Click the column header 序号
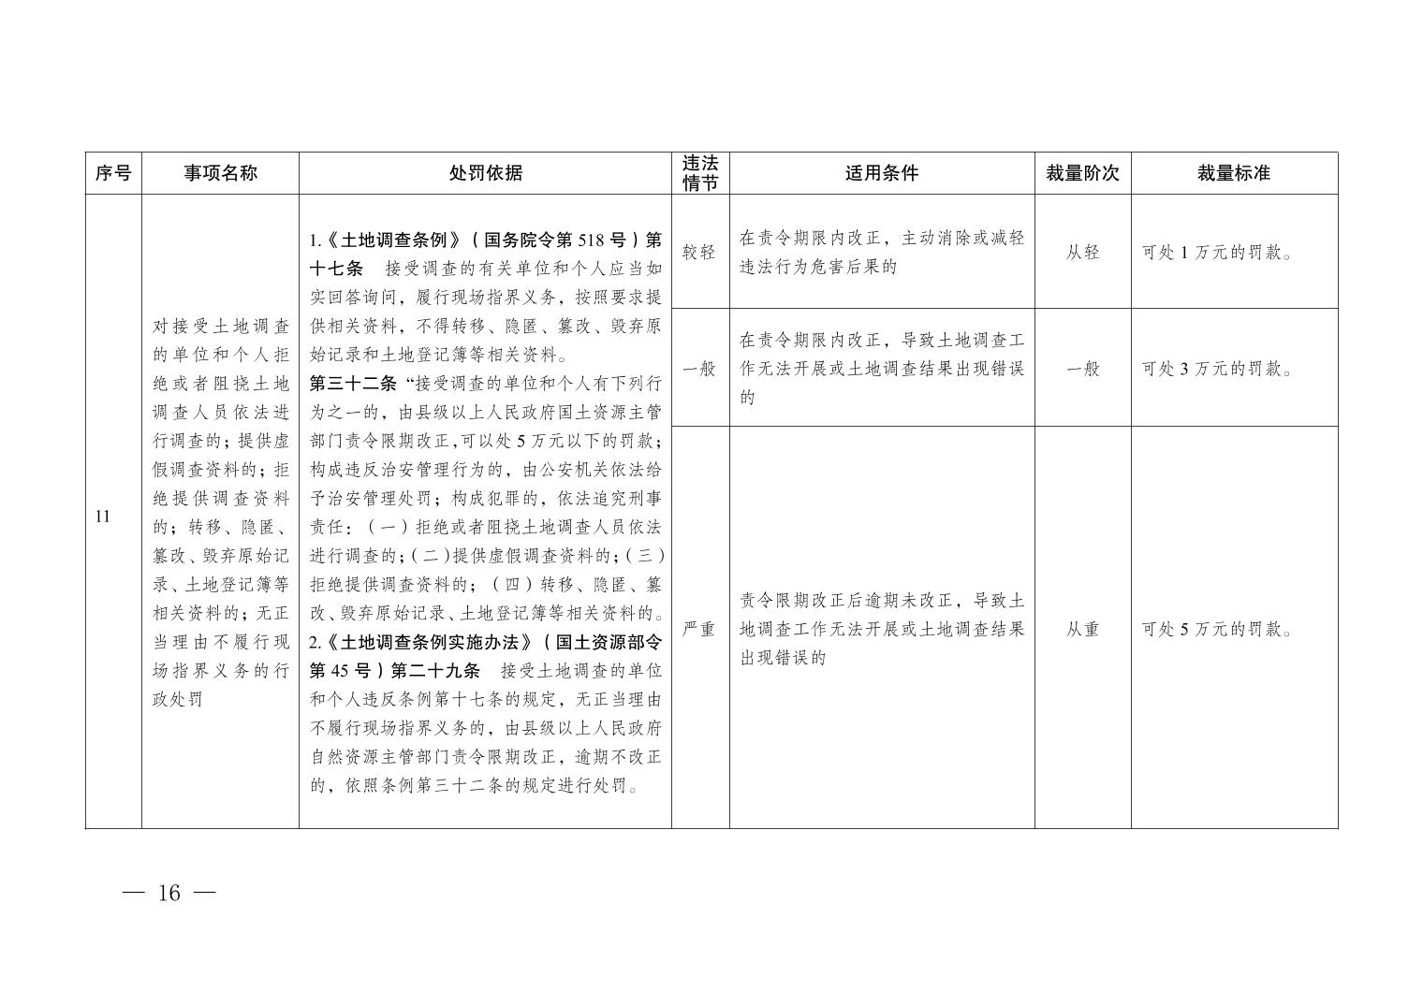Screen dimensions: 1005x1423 (113, 173)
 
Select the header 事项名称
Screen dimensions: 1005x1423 (220, 173)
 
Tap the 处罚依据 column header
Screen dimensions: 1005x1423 (485, 173)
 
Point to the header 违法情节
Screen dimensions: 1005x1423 (700, 173)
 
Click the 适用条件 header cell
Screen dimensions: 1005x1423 (881, 173)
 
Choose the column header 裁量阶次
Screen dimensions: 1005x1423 (1082, 173)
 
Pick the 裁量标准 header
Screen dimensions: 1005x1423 (1233, 173)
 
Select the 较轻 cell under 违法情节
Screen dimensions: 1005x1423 (699, 252)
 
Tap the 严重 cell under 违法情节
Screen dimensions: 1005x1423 (699, 629)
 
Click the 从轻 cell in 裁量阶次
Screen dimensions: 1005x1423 (1082, 252)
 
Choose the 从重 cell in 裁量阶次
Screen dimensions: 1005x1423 (1082, 629)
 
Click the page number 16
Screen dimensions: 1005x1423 (169, 893)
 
